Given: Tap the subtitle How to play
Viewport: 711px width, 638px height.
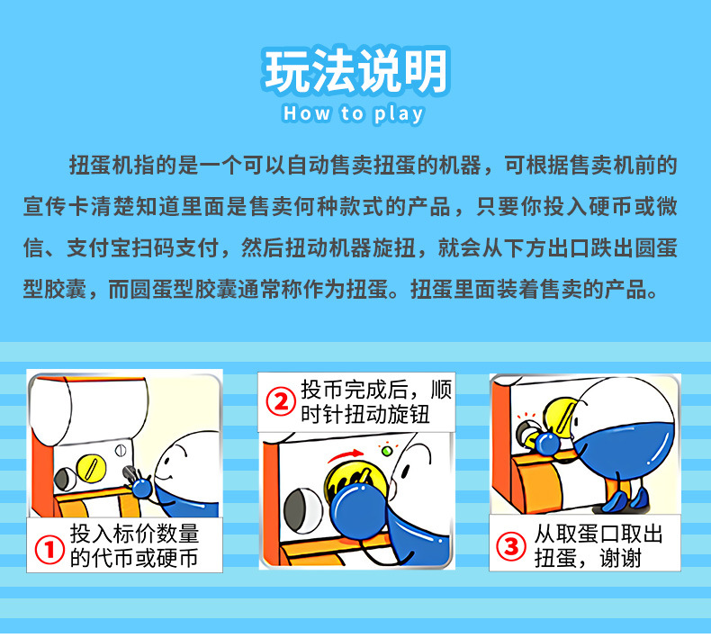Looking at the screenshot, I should coord(353,114).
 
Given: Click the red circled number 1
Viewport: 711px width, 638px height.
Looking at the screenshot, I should coord(49,548).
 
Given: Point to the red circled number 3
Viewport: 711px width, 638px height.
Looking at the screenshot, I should coord(511,545).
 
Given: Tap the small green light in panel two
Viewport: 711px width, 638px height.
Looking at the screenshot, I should coord(386,450).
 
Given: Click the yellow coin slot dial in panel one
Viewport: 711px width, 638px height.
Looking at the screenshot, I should coord(90,470).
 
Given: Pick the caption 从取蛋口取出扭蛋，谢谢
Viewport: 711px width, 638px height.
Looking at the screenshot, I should coord(594,545).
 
